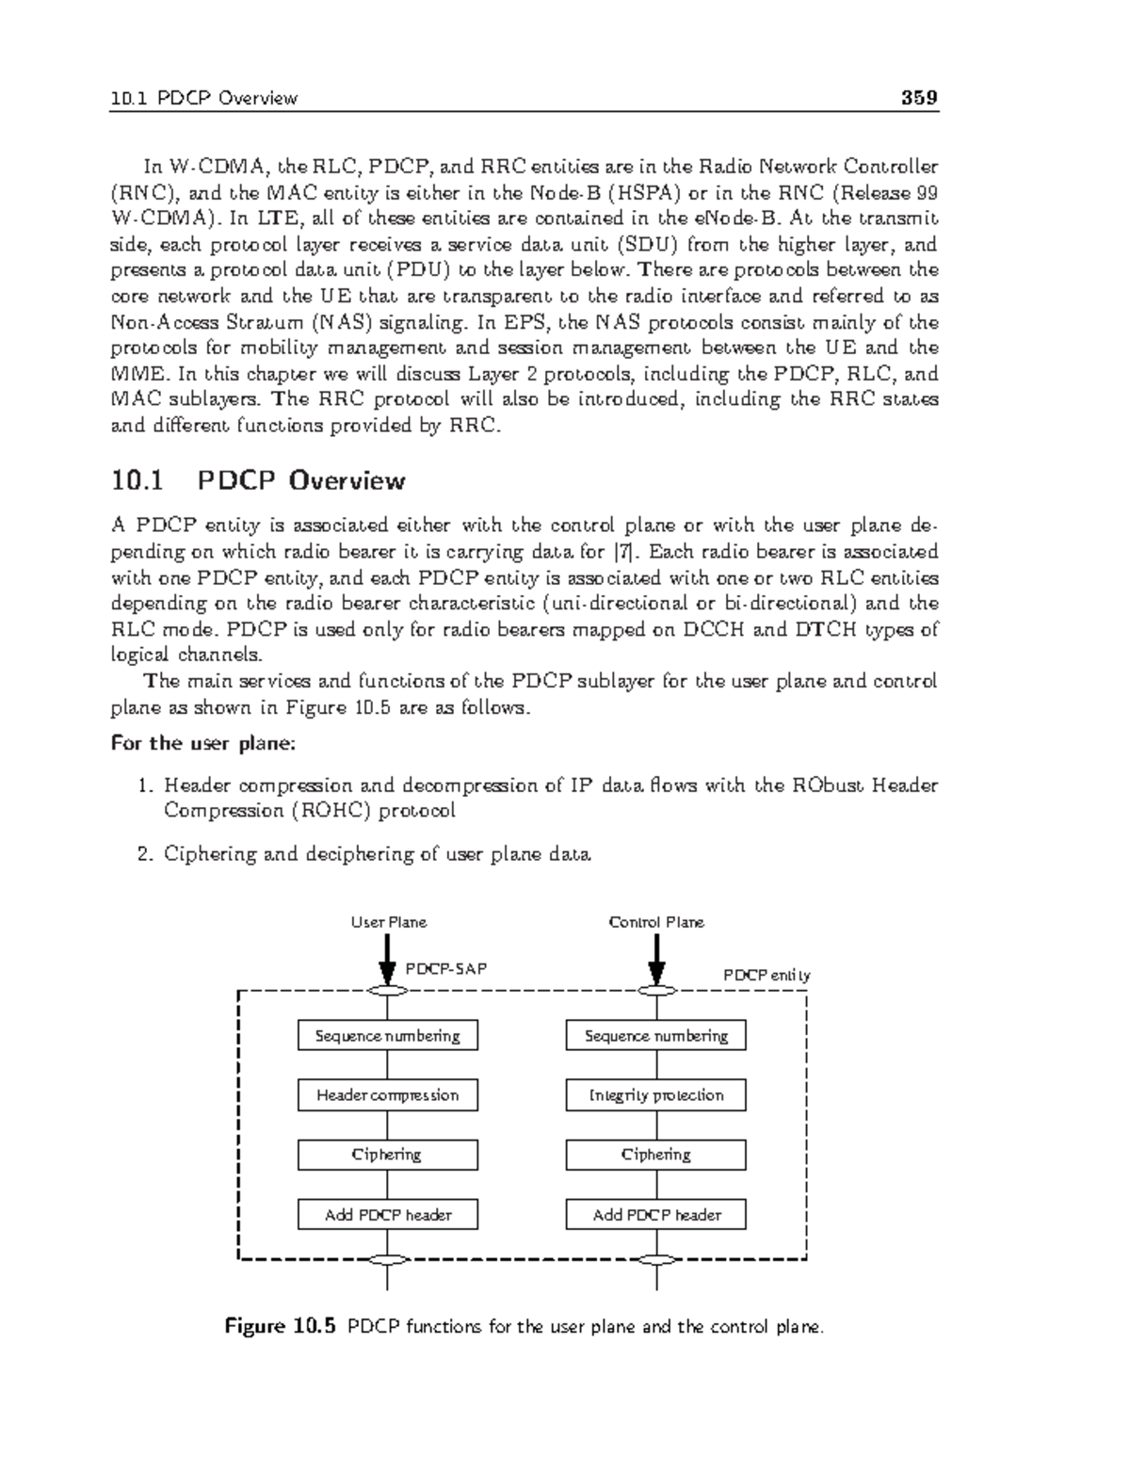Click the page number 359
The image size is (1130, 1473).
click(918, 98)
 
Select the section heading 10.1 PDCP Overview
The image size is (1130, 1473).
click(258, 481)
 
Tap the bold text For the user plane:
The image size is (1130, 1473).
click(203, 743)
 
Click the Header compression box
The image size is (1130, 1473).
click(387, 1095)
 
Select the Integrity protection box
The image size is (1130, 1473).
click(655, 1095)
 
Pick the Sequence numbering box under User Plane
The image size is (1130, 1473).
click(387, 1036)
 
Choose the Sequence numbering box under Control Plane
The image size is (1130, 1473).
click(655, 1036)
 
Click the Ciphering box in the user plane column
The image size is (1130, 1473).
click(387, 1155)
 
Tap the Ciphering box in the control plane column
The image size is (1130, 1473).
click(655, 1155)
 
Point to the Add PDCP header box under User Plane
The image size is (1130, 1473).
click(387, 1215)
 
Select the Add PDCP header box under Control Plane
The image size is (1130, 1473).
click(655, 1215)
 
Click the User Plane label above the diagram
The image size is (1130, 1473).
click(389, 922)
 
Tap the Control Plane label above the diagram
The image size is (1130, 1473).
click(656, 922)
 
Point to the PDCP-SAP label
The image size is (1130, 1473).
click(445, 968)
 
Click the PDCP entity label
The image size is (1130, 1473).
click(766, 975)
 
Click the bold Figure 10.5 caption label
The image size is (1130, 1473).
click(280, 1327)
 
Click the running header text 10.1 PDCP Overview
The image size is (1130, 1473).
click(203, 99)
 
